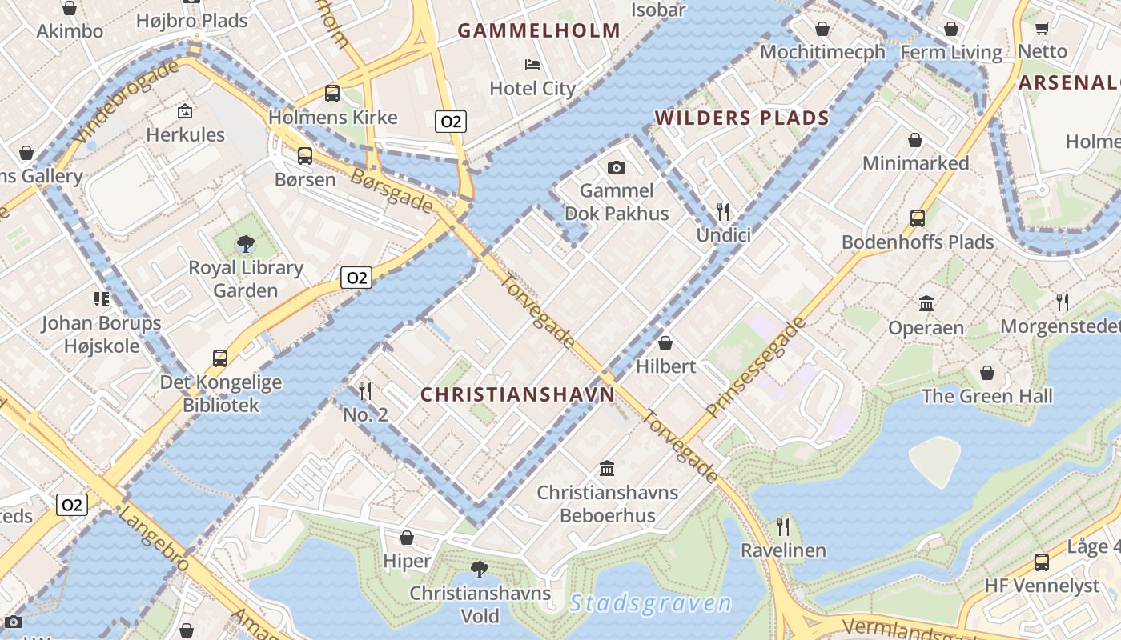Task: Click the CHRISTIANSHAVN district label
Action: [517, 394]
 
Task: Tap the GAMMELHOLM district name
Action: [539, 31]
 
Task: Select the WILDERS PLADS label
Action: [742, 118]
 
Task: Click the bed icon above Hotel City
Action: [532, 64]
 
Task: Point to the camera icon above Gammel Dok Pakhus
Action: [616, 167]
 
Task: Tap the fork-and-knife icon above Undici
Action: [723, 211]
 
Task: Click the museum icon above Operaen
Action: [926, 304]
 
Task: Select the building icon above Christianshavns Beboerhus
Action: [607, 468]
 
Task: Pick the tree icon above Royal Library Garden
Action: [245, 243]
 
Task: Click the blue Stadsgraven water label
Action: [651, 603]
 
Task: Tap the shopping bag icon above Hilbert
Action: [665, 343]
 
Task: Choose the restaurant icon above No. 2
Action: [365, 390]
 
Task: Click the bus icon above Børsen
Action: [305, 156]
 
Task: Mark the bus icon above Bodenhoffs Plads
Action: [918, 218]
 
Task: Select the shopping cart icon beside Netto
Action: [1042, 29]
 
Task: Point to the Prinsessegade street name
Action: [756, 369]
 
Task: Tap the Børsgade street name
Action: [392, 190]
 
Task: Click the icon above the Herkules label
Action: [185, 111]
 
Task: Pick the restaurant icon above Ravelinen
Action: [783, 526]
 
